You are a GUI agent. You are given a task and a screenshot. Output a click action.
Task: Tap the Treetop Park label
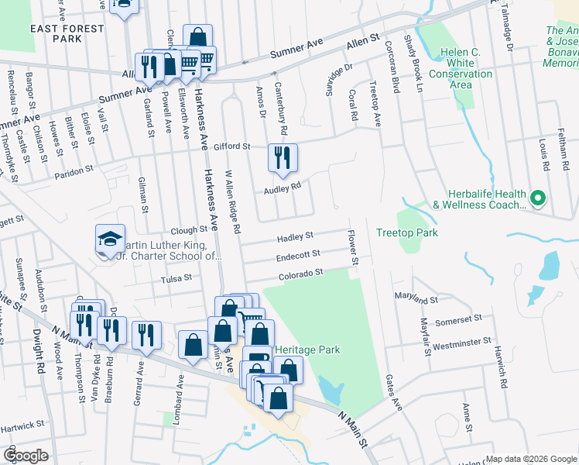[406, 232]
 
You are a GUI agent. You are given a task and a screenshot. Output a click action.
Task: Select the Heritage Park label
[307, 350]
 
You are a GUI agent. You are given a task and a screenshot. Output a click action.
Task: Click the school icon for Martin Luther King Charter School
[109, 238]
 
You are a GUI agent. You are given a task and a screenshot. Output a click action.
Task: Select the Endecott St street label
[298, 255]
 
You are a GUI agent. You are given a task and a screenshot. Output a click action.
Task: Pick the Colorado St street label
[300, 274]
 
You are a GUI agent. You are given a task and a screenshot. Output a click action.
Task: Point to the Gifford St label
[233, 146]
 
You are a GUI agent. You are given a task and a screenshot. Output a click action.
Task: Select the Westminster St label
[462, 341]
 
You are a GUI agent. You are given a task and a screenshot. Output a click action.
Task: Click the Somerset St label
[460, 319]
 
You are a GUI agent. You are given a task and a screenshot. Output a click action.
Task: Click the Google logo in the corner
[26, 456]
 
